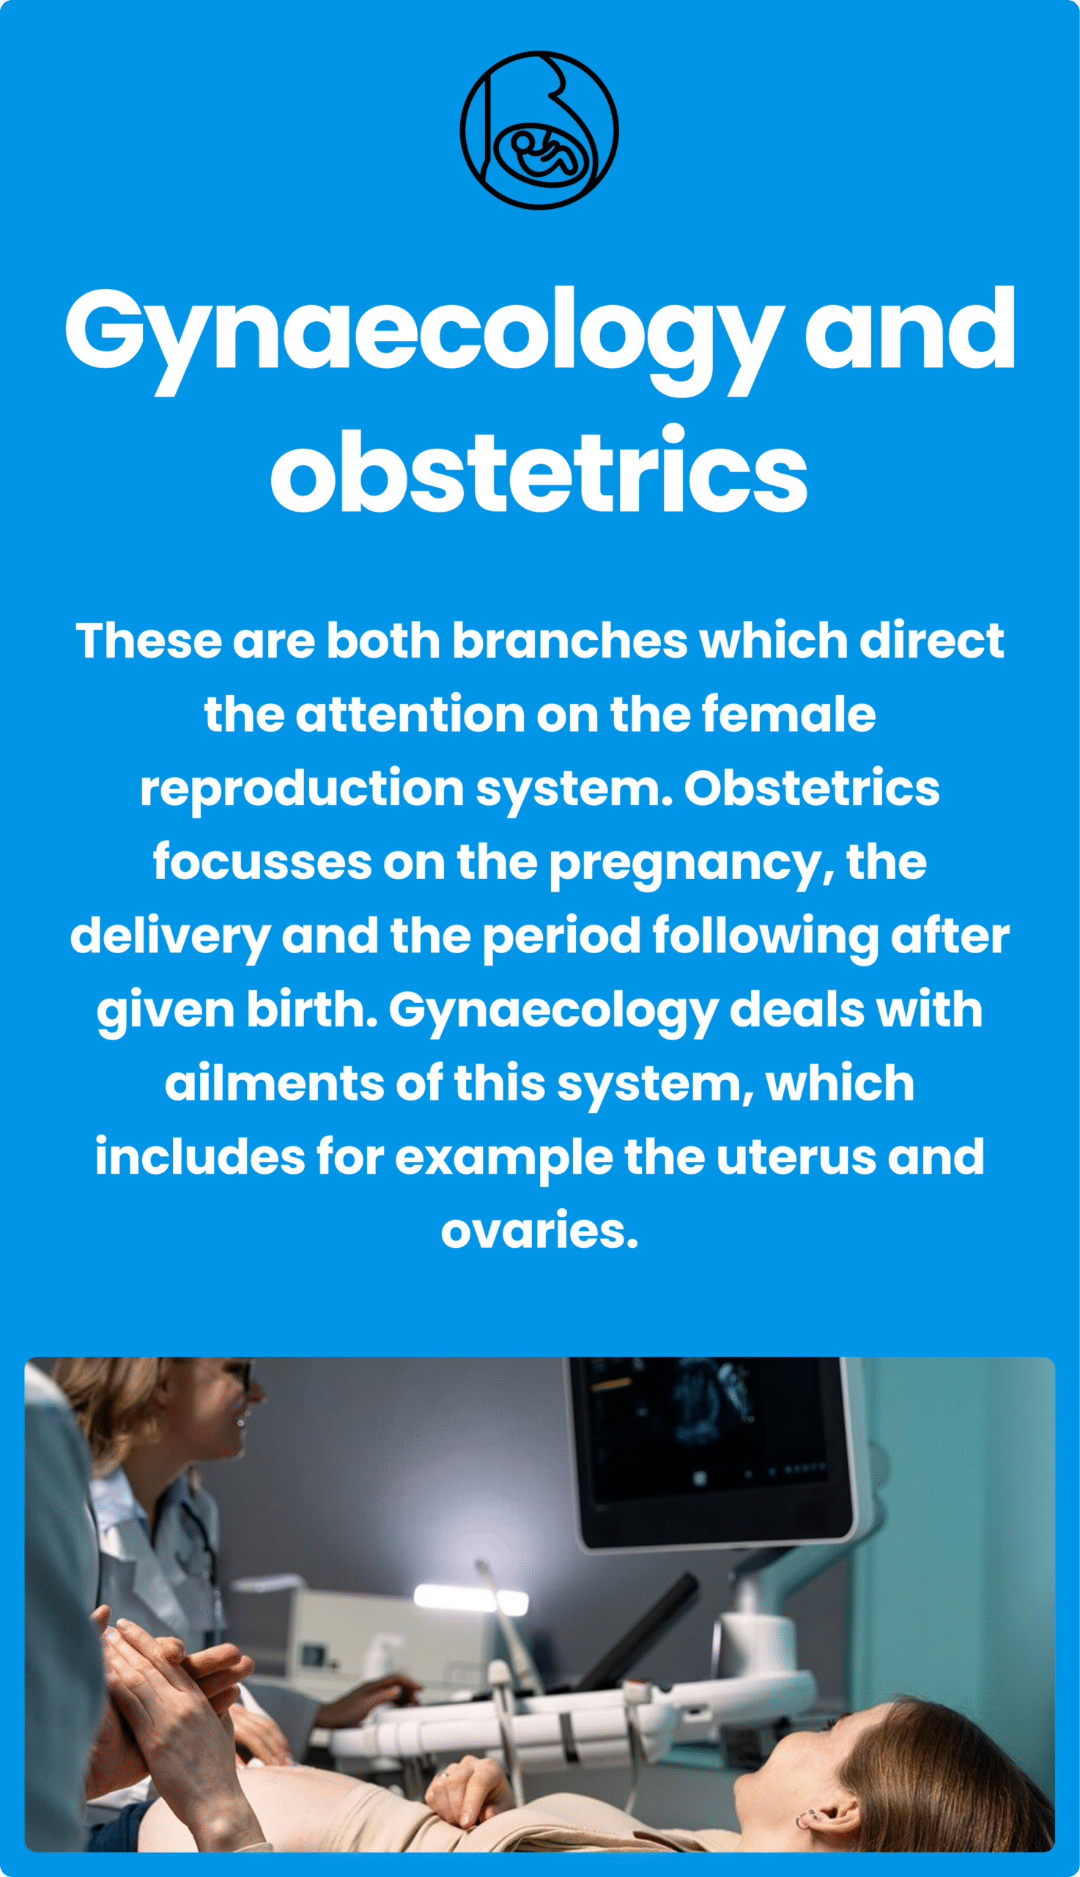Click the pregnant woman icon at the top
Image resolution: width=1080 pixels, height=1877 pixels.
tap(539, 130)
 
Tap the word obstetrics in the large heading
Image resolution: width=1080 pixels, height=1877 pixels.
tap(539, 469)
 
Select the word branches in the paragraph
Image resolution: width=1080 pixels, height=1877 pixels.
tap(569, 641)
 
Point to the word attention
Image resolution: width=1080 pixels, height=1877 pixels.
tap(410, 715)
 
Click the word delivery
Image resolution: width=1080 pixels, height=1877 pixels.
tap(170, 937)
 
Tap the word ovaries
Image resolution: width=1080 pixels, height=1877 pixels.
tap(539, 1231)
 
